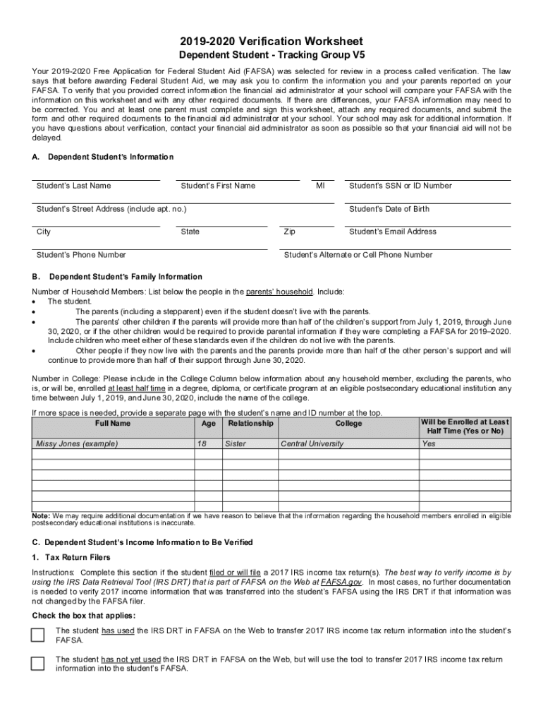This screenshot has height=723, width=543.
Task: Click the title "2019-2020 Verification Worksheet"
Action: click(271, 42)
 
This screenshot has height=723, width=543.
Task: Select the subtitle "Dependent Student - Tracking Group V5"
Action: click(271, 56)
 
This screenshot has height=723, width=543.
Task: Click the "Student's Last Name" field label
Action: click(73, 186)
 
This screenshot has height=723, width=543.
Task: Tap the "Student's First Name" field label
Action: click(218, 186)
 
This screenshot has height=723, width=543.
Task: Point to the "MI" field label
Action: click(320, 186)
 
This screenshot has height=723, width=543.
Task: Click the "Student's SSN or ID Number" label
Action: click(401, 186)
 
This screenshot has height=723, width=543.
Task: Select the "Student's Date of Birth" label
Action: click(389, 209)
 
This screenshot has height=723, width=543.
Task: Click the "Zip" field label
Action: click(289, 232)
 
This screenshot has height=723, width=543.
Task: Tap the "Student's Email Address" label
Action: click(393, 232)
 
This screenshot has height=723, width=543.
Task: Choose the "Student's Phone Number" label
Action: click(81, 255)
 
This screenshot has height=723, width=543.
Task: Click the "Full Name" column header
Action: click(112, 424)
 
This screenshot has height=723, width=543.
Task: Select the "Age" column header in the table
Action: click(208, 424)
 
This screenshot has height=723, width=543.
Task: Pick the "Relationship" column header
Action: click(250, 424)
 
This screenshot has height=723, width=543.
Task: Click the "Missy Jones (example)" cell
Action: click(77, 444)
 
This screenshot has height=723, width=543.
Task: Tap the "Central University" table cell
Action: click(312, 444)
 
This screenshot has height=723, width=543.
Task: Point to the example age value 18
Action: click(202, 444)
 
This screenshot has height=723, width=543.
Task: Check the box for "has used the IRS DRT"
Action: click(37, 635)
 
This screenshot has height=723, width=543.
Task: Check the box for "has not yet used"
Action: click(37, 664)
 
